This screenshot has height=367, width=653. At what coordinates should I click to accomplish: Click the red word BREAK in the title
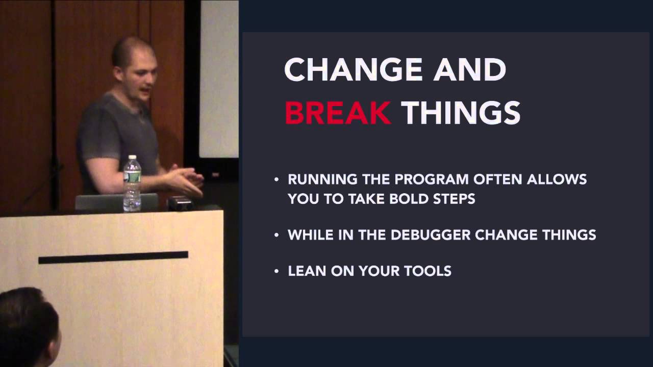(338, 113)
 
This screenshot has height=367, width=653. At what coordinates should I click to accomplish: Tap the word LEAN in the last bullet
(305, 271)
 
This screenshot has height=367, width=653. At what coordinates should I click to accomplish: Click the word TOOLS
(428, 271)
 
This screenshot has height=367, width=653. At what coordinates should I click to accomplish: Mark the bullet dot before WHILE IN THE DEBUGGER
(277, 235)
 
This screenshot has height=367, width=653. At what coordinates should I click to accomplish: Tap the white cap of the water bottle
(132, 158)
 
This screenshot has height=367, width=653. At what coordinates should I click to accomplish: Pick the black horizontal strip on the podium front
(113, 257)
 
